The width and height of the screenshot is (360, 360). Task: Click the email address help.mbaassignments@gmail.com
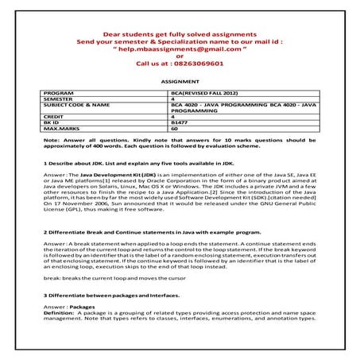(x=180, y=48)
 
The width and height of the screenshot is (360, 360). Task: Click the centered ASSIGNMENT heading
(x=180, y=82)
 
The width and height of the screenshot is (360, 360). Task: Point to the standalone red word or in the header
(x=180, y=56)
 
